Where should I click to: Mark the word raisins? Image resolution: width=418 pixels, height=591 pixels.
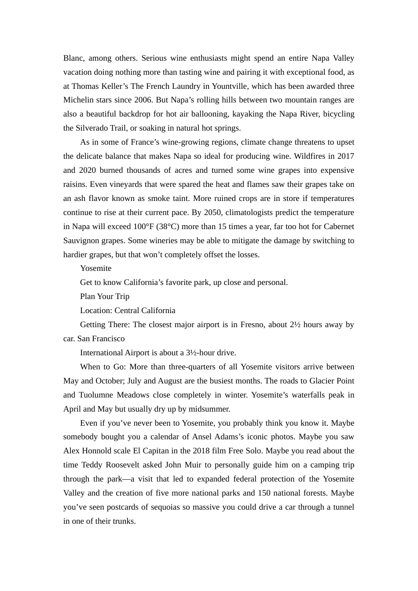75,185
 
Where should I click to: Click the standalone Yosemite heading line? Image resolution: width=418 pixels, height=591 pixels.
95,269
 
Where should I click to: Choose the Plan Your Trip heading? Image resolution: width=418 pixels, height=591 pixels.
105,297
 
